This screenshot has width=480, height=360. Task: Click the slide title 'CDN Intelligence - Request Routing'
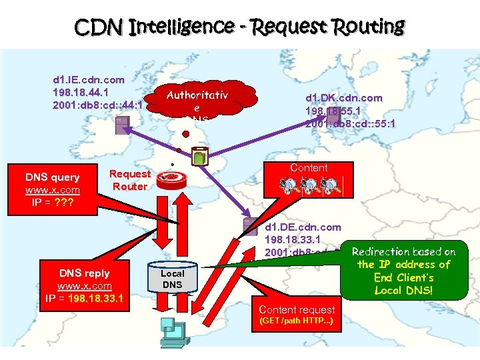[x=239, y=27]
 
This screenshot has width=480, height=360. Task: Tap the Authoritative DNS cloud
[x=197, y=103]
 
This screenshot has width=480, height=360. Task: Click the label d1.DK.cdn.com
[x=343, y=97]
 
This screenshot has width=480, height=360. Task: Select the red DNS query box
[x=52, y=189]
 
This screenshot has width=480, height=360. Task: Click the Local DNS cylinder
[x=172, y=277]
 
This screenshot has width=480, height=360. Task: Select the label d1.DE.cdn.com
[x=303, y=227]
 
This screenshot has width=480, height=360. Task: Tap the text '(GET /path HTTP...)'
[x=297, y=322]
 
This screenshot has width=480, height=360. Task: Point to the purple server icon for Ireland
[x=122, y=125]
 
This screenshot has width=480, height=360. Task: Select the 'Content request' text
[x=297, y=309]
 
